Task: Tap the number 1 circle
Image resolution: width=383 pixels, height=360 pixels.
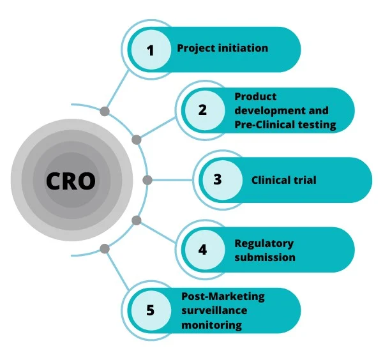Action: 151,50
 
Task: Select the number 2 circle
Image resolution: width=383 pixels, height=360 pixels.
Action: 202,110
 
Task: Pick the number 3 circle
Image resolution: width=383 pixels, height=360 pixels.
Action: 218,179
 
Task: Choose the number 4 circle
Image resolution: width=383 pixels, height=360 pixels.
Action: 202,249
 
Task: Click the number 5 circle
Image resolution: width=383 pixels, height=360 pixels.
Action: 151,310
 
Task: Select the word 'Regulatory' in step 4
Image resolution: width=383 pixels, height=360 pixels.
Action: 264,243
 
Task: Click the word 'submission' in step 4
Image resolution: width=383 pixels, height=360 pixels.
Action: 264,257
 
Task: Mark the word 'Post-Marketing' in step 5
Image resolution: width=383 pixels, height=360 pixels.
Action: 223,296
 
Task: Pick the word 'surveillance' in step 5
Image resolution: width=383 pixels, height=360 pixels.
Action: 214,310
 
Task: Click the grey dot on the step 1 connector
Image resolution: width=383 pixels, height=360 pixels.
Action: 105,112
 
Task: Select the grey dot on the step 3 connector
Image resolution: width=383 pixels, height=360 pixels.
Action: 147,179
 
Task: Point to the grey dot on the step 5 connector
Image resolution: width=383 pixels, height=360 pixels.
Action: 105,248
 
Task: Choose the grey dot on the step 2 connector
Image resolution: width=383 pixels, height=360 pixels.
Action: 136,139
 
